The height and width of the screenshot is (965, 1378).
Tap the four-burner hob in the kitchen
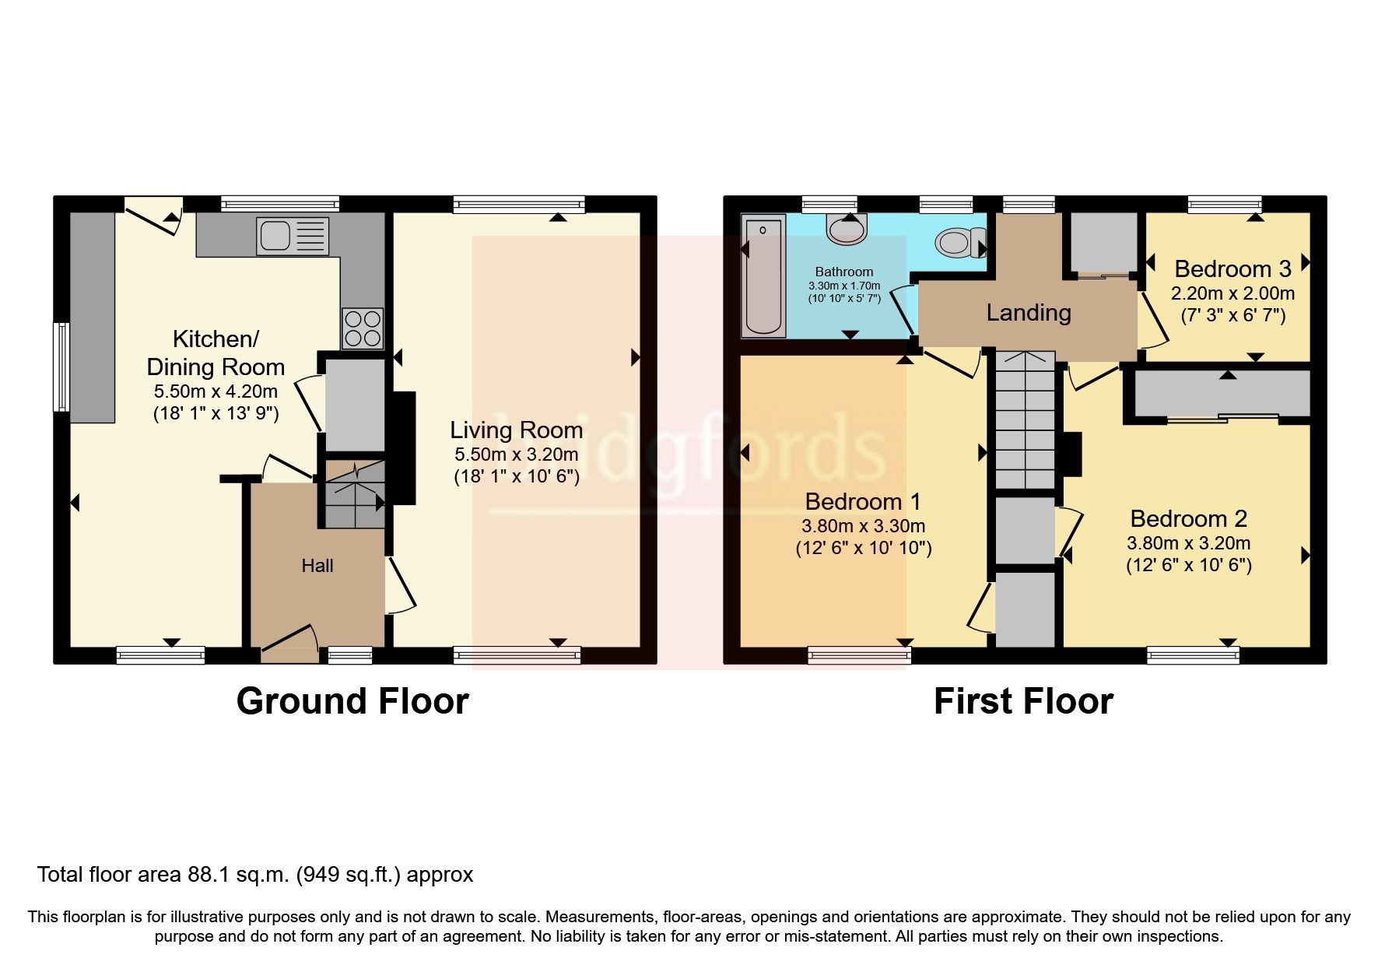363,328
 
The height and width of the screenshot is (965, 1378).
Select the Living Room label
516,430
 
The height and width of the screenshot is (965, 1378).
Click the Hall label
317,566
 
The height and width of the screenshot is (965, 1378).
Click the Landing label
1028,313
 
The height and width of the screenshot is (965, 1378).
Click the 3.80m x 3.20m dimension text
1188,543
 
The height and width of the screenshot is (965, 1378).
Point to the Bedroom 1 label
862,501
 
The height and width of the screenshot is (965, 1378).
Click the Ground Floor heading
352,701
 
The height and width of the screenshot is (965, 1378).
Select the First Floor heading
1022,701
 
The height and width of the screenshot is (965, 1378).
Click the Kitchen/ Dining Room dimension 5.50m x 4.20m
216,391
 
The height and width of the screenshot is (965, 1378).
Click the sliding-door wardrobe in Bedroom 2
1222,395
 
